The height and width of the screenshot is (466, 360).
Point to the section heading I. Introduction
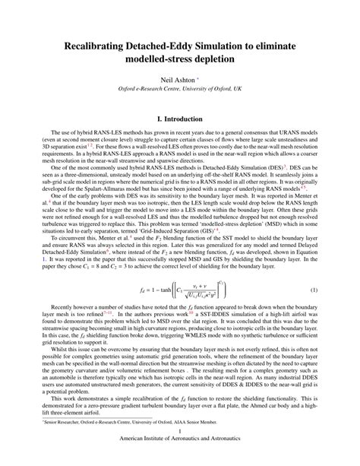(x=180, y=141)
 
